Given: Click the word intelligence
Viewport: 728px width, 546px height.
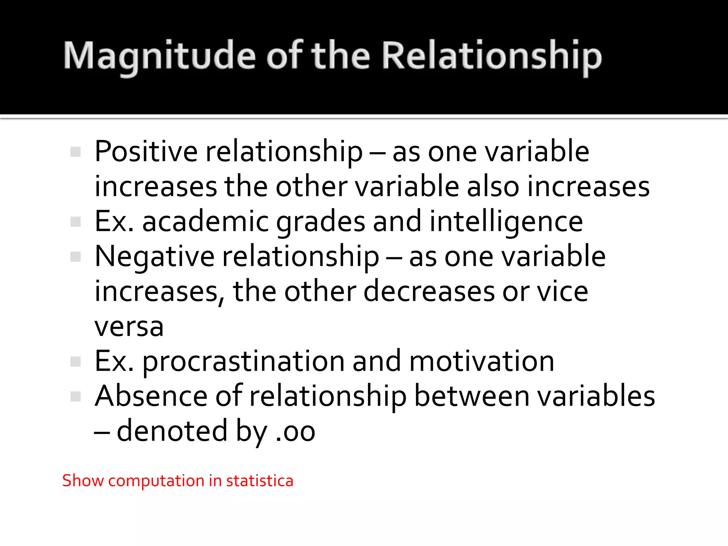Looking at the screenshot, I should click(x=506, y=221).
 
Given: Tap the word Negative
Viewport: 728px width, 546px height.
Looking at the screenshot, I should click(x=154, y=256).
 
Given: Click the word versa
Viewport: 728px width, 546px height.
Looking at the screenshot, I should click(x=129, y=327).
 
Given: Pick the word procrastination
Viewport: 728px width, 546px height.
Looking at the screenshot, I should click(x=243, y=362).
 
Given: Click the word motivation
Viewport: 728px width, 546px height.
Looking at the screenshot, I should click(x=482, y=362).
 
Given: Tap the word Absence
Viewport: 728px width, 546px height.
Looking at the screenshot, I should click(x=151, y=396).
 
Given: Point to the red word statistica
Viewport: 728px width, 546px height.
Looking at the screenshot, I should click(x=259, y=481).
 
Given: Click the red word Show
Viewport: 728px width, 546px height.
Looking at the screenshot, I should click(x=82, y=481).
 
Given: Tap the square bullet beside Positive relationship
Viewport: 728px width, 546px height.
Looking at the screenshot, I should click(x=76, y=152).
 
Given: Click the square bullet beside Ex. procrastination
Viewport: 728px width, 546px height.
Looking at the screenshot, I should click(x=76, y=362).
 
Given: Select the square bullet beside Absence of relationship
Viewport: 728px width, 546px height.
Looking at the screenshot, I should click(x=76, y=396).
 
